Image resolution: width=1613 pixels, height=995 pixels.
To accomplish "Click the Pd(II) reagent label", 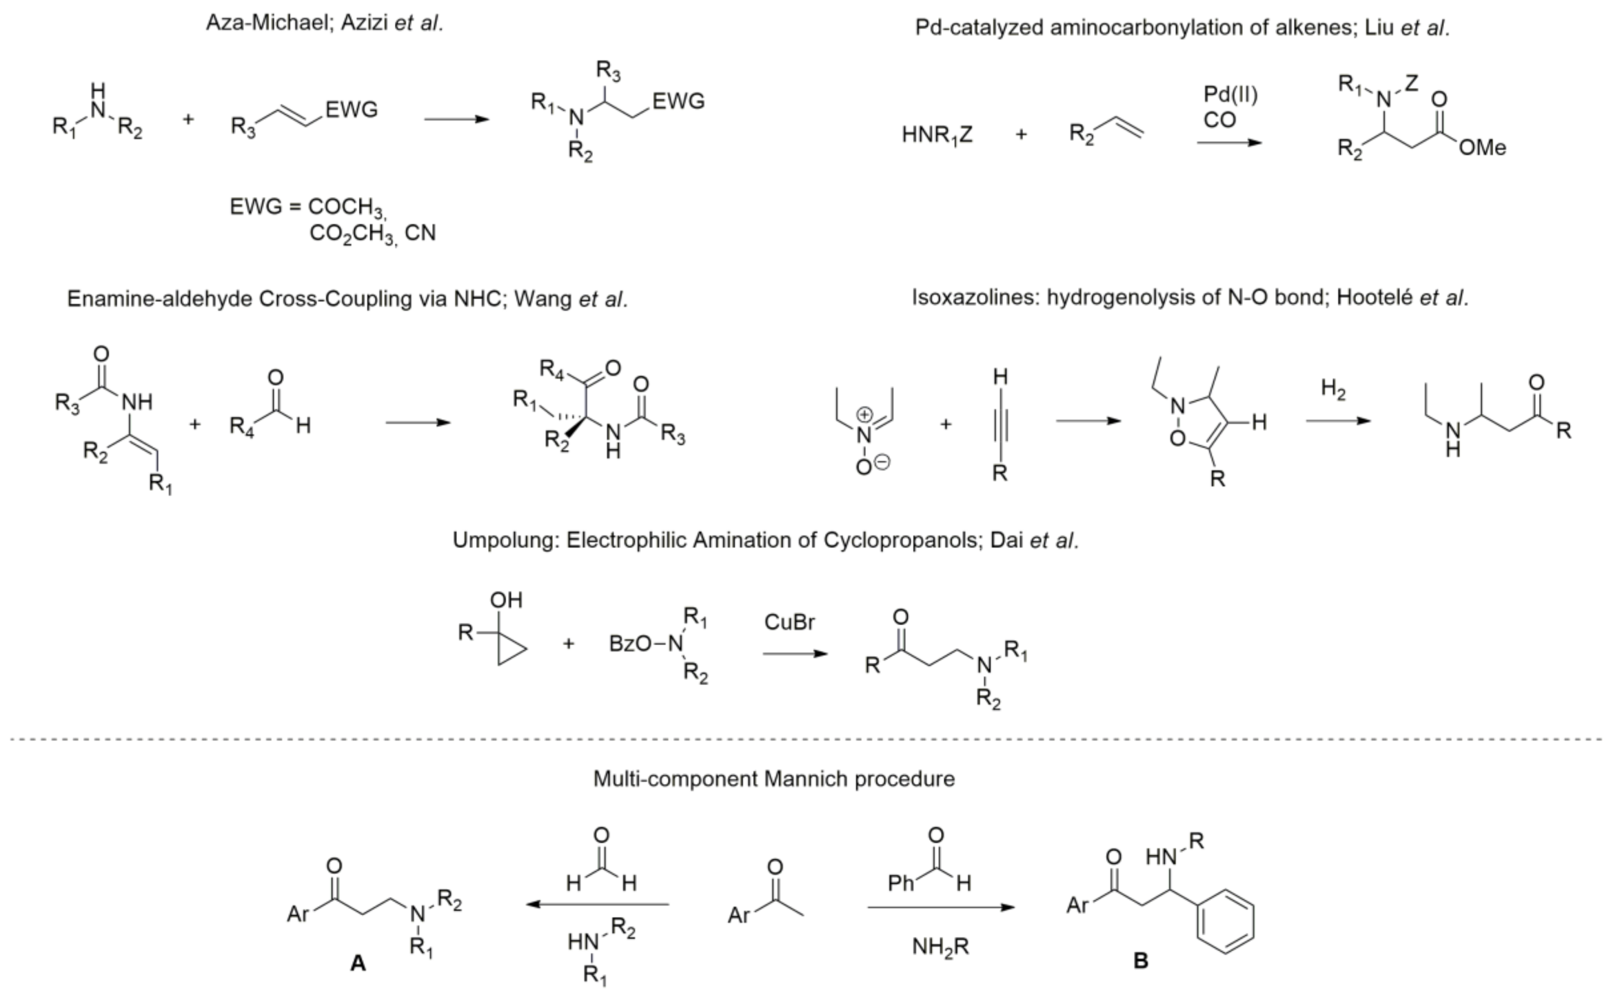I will coord(1230,95).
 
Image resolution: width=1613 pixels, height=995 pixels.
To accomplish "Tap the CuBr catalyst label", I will coord(789,622).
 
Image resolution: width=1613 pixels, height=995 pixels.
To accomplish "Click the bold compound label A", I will coord(358,963).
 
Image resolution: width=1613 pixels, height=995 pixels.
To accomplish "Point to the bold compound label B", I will coord(1141,961).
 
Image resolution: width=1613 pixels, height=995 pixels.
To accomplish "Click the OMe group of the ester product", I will coord(1482,148).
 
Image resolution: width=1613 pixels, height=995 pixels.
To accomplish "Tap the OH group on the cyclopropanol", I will coord(506,600).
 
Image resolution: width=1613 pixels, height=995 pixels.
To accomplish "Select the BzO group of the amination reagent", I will coord(630,643).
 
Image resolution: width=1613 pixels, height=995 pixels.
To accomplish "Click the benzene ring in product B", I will coord(1225,921).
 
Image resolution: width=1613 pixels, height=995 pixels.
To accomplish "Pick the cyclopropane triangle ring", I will coord(510,650).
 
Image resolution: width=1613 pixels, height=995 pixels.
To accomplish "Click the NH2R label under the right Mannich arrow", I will coord(940,947).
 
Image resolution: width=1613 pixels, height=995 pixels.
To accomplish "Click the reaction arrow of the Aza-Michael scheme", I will coord(457,119).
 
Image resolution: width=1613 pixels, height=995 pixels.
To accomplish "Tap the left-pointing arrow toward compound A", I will coord(597,904).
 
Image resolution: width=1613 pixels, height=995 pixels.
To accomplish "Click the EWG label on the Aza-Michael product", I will coord(679,101).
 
